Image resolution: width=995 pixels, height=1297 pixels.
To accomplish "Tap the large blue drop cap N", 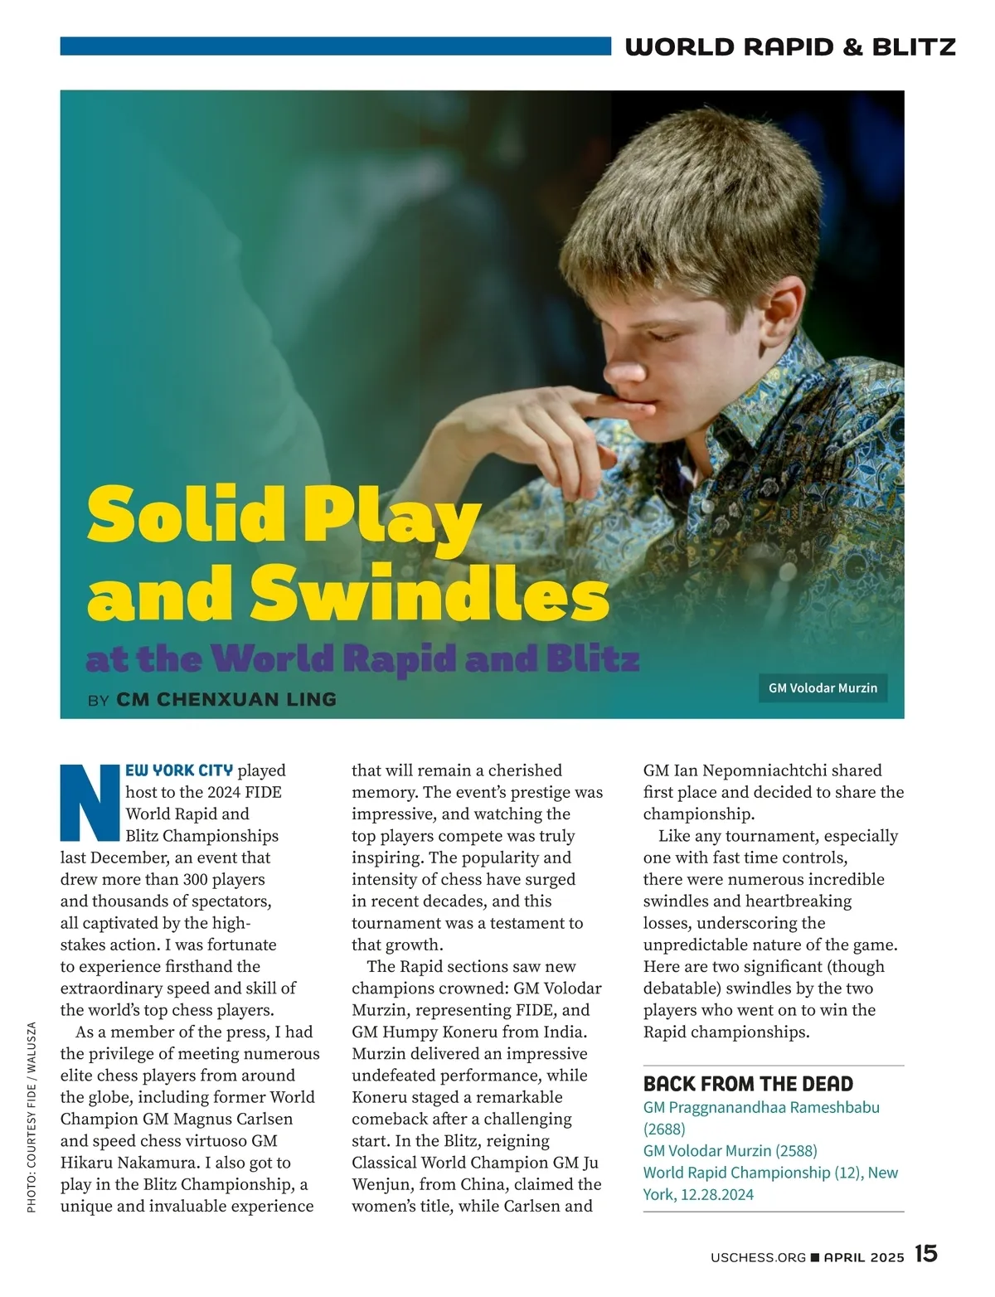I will (91, 802).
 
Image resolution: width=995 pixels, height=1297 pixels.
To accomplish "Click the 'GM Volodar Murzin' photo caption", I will (823, 687).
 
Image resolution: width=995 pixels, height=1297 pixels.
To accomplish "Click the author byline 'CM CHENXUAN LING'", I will (226, 699).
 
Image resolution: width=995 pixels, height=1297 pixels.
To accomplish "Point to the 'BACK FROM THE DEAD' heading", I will (748, 1084).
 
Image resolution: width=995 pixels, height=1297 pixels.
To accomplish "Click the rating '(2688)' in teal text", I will (664, 1129).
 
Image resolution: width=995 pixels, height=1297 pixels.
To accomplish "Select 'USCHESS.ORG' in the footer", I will (758, 1257).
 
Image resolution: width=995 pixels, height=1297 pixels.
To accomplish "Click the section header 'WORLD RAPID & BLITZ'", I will (790, 46).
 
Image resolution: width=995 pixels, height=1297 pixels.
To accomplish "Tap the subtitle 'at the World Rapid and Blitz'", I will (362, 660).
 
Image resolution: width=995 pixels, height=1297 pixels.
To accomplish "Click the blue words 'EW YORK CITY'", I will (179, 770).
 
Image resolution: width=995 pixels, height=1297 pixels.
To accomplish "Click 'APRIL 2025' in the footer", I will (863, 1257).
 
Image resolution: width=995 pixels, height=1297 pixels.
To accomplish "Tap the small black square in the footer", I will (814, 1257).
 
